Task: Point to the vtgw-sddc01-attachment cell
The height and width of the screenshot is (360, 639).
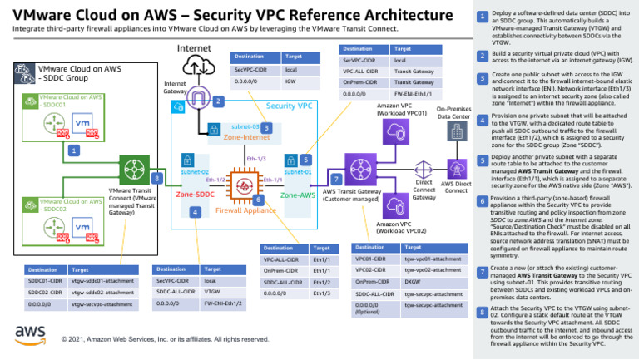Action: pos(102,282)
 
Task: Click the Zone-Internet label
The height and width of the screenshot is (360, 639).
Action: pos(247,137)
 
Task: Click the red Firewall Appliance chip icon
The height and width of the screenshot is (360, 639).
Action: pos(245,180)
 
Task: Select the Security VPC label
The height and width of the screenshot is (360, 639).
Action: pos(289,106)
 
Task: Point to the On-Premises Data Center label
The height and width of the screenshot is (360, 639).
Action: pos(453,112)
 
